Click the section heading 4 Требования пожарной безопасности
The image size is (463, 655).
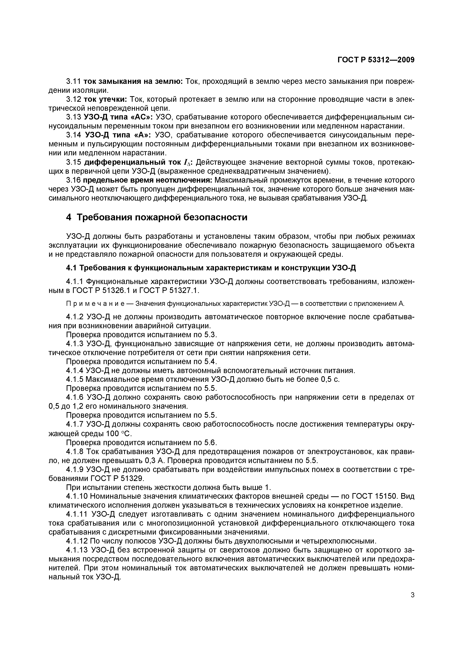click(157, 217)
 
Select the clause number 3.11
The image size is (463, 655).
click(74, 82)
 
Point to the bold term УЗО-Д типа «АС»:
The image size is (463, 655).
click(118, 117)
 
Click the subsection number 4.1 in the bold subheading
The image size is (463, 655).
click(71, 268)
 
